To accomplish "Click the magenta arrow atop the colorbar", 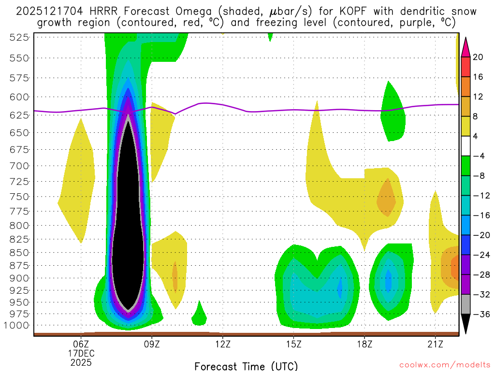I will (x=466, y=47).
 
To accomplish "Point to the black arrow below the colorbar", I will (x=466, y=323).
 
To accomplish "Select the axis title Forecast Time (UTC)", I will (x=246, y=366).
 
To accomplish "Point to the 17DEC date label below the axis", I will (x=81, y=353).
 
